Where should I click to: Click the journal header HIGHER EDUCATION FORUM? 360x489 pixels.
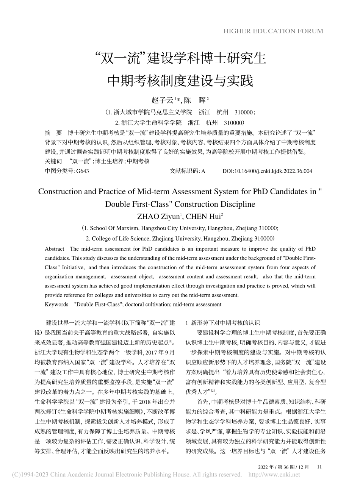[273, 31]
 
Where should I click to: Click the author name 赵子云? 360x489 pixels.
[162, 100]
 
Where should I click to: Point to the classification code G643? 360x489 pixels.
[83, 171]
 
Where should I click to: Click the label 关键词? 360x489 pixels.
[53, 161]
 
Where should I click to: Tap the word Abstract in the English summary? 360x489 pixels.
[55, 249]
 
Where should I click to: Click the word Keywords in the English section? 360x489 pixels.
[56, 304]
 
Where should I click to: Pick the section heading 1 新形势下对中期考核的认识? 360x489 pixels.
[222, 323]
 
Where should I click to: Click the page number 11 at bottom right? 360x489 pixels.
[319, 467]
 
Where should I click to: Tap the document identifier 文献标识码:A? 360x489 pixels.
[188, 171]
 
